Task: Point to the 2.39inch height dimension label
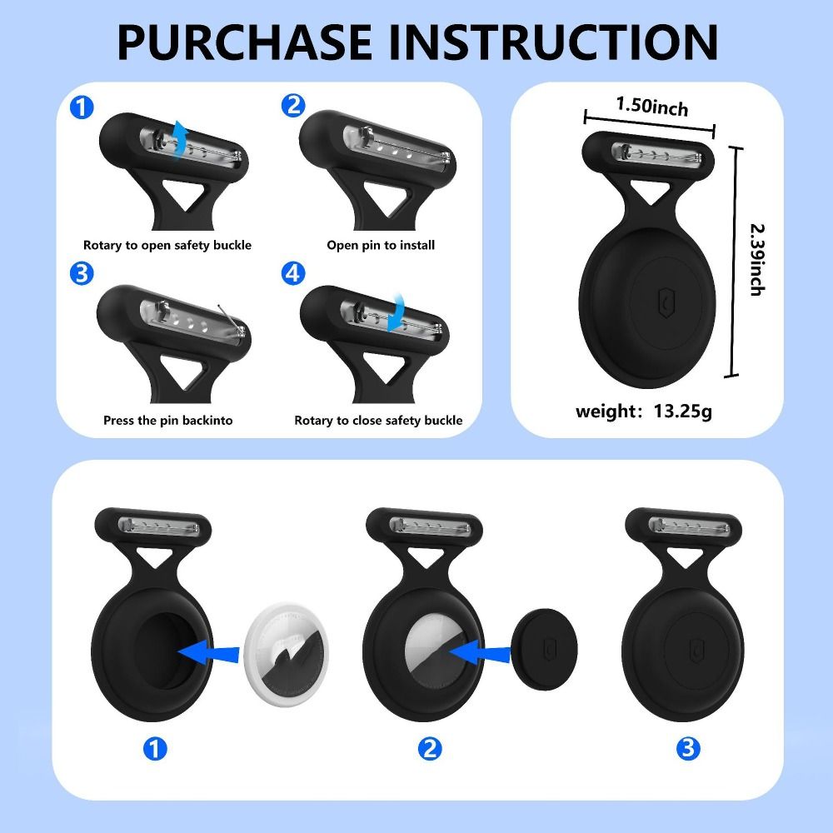757,259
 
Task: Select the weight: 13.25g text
644,411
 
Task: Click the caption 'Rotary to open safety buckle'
167,245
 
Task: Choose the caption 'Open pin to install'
380,245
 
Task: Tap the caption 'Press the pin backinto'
167,421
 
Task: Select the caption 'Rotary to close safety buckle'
378,421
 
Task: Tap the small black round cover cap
544,650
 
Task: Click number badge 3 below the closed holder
688,748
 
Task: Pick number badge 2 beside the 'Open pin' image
292,106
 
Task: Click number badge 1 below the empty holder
155,748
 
